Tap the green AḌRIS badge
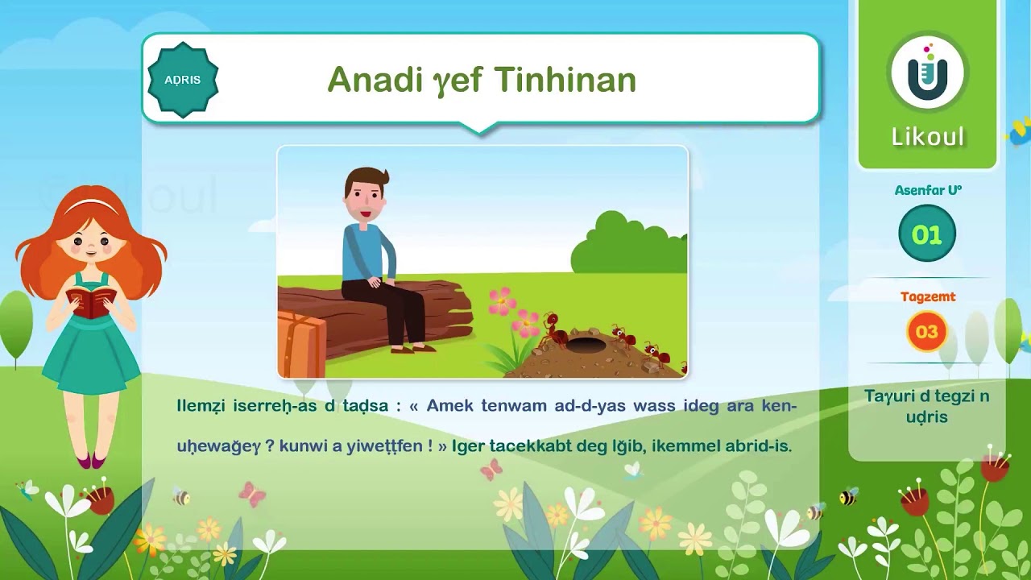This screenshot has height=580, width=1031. click(183, 80)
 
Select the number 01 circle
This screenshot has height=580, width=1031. click(927, 234)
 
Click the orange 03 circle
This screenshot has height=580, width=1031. click(927, 332)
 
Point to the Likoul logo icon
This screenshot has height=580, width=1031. click(927, 72)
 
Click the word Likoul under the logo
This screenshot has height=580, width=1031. click(927, 137)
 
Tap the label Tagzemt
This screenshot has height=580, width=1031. click(928, 296)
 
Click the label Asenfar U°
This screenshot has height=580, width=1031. click(928, 191)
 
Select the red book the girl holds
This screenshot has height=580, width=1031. click(90, 302)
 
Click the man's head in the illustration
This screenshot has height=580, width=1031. click(366, 196)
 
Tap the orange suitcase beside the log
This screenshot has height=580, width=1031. click(300, 345)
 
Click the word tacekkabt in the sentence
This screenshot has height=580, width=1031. click(523, 446)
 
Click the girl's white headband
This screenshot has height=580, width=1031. click(90, 206)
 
